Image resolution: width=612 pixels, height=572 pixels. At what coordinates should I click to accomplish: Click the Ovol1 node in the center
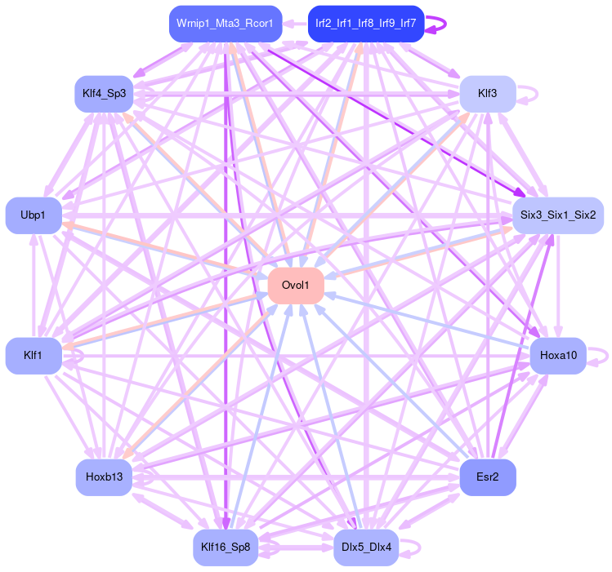click(x=296, y=285)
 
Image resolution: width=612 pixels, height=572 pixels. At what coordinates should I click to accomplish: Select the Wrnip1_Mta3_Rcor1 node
click(x=226, y=24)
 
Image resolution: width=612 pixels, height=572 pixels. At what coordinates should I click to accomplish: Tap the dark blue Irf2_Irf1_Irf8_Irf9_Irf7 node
click(x=365, y=24)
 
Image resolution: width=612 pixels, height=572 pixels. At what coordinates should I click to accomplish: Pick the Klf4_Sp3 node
click(x=104, y=93)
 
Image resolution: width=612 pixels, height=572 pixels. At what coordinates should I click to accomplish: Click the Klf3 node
click(x=487, y=93)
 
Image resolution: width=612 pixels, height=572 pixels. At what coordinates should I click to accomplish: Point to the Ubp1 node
click(x=34, y=215)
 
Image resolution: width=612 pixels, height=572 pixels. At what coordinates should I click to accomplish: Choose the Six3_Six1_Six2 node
click(x=557, y=215)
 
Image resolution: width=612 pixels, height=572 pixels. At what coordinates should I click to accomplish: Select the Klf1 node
click(x=34, y=355)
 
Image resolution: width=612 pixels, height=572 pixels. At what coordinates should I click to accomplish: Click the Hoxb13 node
click(x=104, y=477)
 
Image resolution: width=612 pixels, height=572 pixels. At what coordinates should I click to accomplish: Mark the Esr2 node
click(x=487, y=477)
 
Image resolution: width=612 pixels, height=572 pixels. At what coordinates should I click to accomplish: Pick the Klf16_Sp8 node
click(x=226, y=547)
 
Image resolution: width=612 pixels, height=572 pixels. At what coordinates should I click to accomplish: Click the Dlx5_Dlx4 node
click(x=365, y=547)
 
